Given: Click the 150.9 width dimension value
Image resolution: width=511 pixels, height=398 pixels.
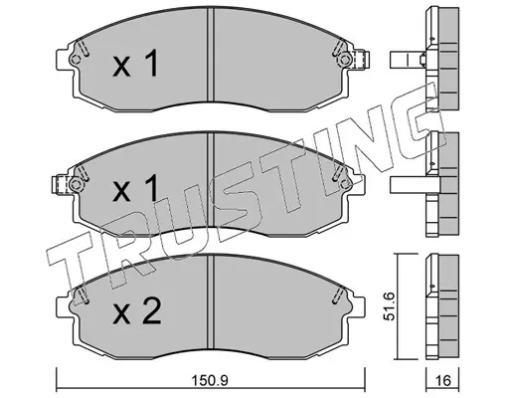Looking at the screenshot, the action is pos(211,380).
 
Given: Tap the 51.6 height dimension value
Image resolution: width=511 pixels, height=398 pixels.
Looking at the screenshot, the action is pos(390,305).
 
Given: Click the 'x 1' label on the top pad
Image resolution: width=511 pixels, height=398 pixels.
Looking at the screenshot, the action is pos(135,63).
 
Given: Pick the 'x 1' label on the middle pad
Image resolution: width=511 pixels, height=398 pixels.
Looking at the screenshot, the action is pos(135,188).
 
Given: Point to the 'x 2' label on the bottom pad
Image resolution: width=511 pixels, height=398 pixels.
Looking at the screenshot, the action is pos(137,310).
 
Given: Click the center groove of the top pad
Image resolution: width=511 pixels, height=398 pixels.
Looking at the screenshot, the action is pos(211,55).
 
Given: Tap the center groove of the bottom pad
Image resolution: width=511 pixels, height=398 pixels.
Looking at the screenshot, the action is pos(211,301).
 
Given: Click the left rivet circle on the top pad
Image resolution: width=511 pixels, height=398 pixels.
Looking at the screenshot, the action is pos(76,60).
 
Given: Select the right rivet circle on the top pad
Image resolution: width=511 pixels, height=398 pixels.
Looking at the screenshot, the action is pos(344,60).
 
